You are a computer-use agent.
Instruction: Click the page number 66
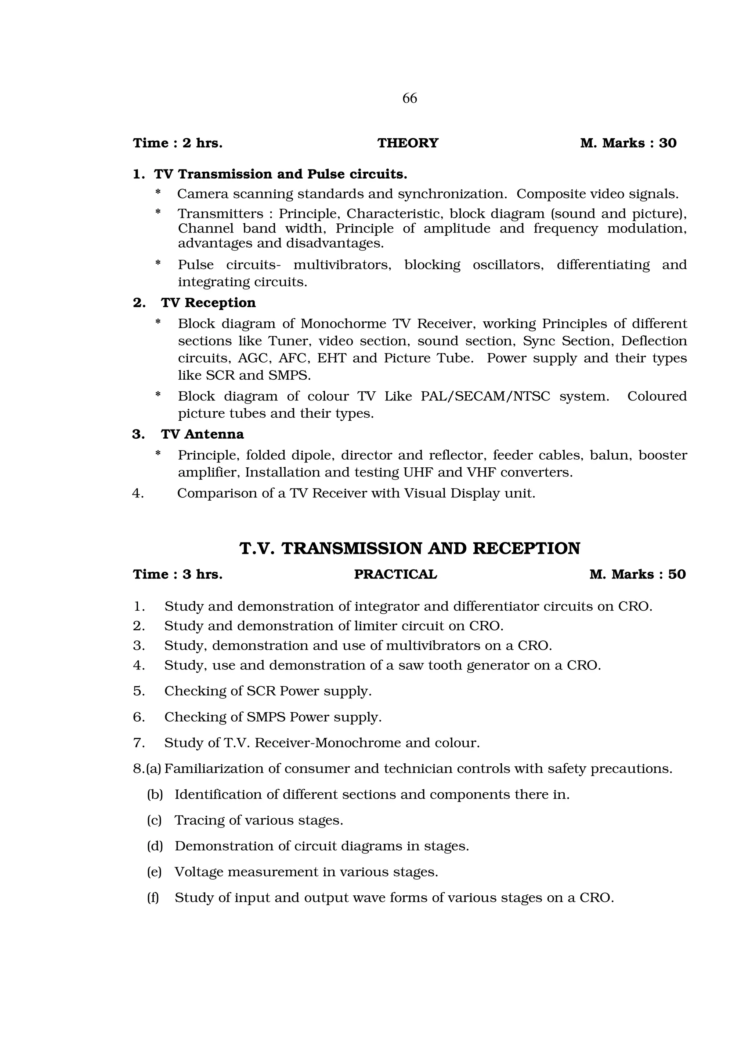tap(409, 98)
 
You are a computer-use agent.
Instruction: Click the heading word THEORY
tap(408, 143)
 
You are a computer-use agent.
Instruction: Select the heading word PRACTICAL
tap(395, 574)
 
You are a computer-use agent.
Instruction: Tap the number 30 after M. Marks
tap(668, 143)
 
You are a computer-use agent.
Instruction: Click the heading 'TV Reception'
tap(208, 303)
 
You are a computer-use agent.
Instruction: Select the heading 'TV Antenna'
tap(202, 434)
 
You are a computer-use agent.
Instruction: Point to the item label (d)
tap(155, 846)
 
